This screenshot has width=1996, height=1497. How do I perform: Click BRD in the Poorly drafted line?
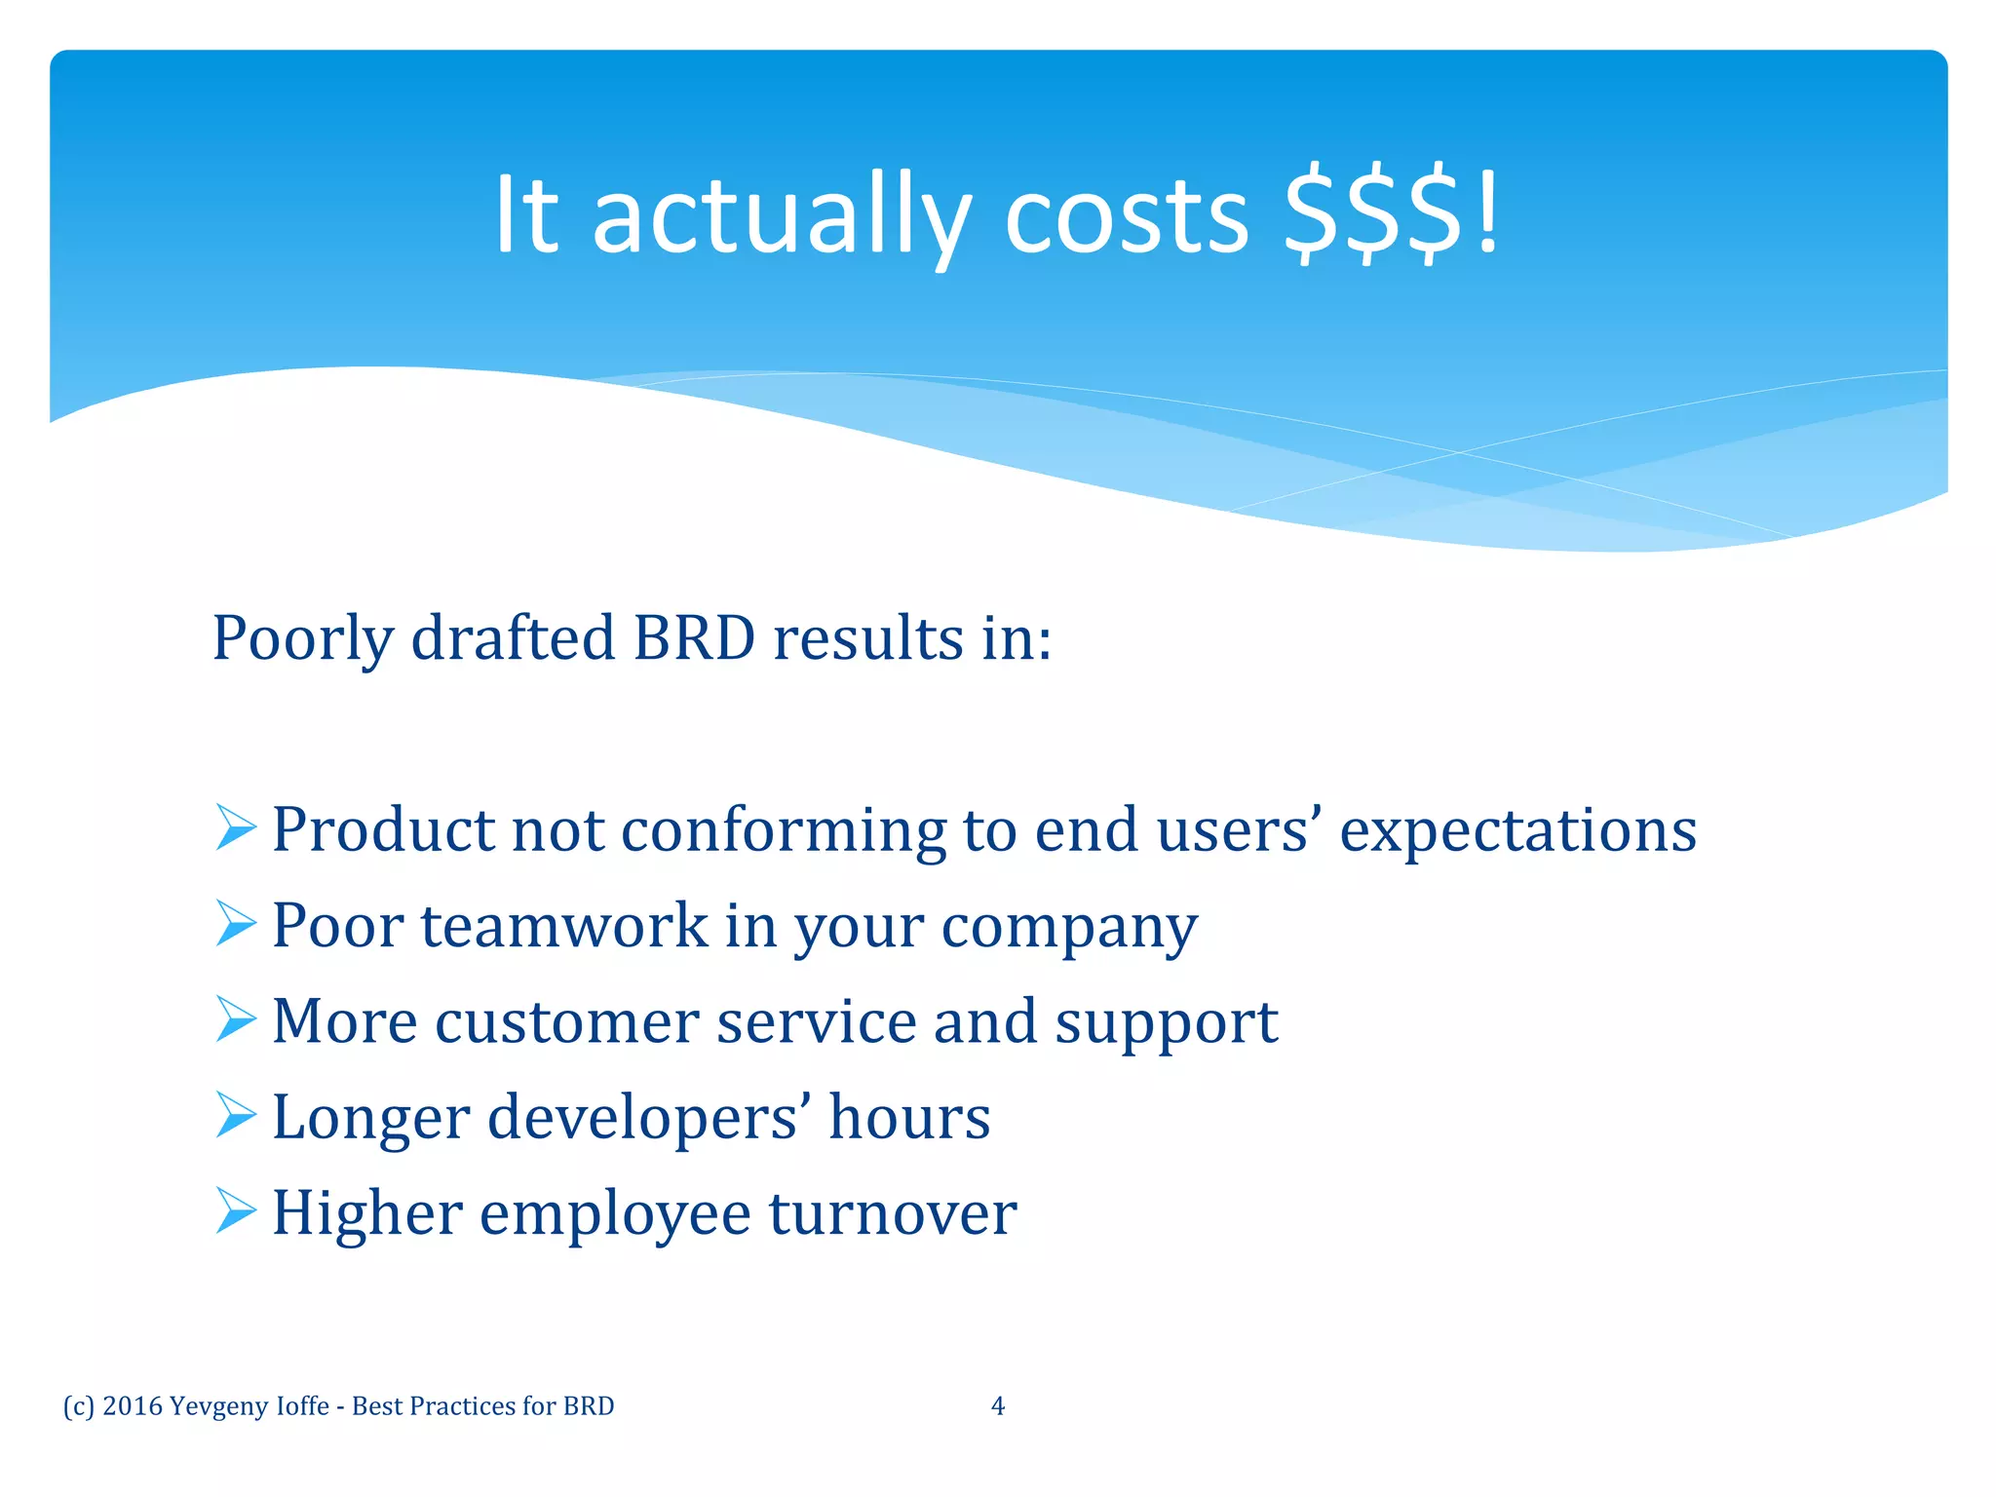(694, 638)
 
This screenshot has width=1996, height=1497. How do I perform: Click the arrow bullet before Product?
(235, 828)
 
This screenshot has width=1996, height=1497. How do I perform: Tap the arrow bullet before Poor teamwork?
(235, 924)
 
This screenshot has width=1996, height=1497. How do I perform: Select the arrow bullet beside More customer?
(235, 1019)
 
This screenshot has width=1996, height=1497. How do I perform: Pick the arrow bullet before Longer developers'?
(235, 1115)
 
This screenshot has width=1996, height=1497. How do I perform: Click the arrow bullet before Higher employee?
(235, 1211)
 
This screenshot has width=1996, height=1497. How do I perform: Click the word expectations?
(1517, 831)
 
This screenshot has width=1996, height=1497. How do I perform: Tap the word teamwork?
(564, 926)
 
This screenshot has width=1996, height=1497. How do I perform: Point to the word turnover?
(893, 1213)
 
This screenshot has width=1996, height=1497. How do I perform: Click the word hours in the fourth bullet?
(909, 1117)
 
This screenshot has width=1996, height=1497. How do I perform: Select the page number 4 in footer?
(997, 1405)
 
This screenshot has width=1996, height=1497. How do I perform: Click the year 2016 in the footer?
(132, 1406)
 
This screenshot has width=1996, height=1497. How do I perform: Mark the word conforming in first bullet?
(783, 831)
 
